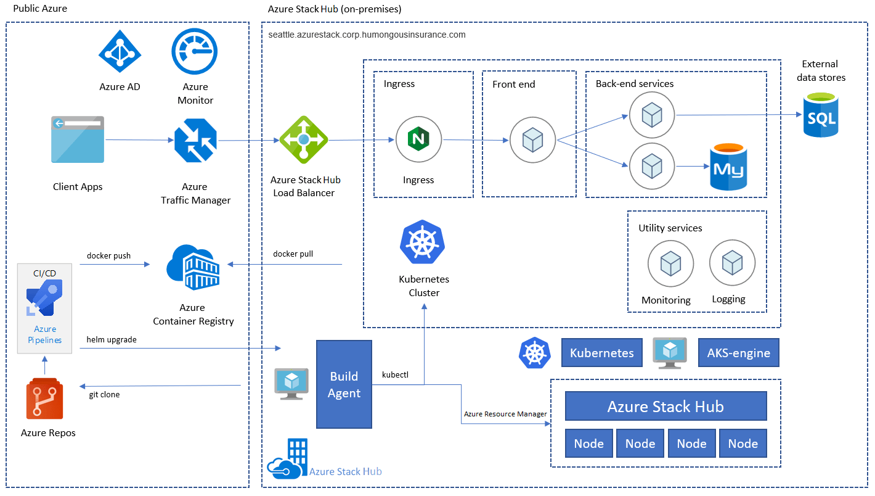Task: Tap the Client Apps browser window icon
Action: coord(78,139)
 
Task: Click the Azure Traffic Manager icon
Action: coord(195,141)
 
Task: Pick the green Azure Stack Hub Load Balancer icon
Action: coord(303,140)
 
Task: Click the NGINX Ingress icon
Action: coord(418,140)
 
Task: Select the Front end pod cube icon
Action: coord(532,141)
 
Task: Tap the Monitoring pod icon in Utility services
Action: coord(670,264)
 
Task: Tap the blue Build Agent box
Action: coord(344,384)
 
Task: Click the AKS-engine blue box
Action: coord(738,353)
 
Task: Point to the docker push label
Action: coord(108,255)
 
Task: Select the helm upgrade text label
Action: coord(112,339)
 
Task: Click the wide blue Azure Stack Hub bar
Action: coord(665,407)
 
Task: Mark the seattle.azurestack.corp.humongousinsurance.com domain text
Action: coord(367,35)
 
